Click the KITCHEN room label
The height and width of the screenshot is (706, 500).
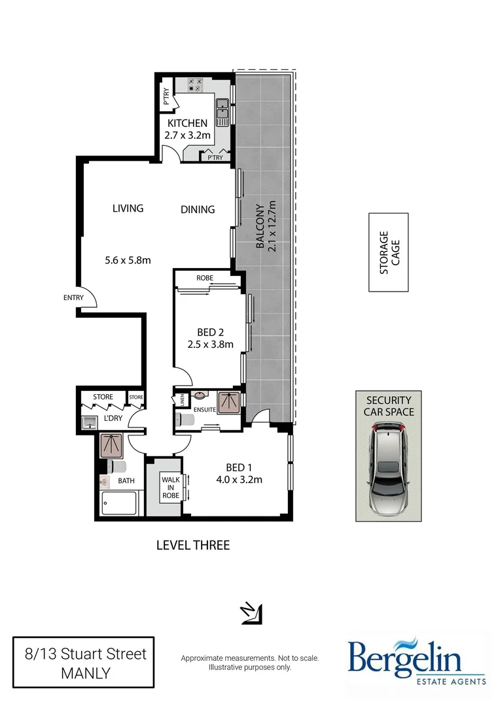click(187, 123)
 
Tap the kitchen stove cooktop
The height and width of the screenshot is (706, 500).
click(196, 84)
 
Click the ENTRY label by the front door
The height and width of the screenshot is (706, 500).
click(73, 298)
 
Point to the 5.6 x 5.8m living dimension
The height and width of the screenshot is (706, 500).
click(128, 260)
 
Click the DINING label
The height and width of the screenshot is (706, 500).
click(198, 209)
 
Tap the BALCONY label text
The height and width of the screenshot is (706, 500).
click(260, 226)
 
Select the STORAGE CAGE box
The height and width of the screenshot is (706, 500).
click(388, 252)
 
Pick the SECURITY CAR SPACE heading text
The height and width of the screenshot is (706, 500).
click(388, 406)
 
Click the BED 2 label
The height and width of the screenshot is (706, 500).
click(211, 331)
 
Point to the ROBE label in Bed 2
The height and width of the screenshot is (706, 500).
click(205, 278)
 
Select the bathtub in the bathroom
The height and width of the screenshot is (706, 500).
click(119, 504)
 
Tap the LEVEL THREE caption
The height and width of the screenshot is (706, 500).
click(193, 545)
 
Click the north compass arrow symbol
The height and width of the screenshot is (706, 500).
click(252, 613)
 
